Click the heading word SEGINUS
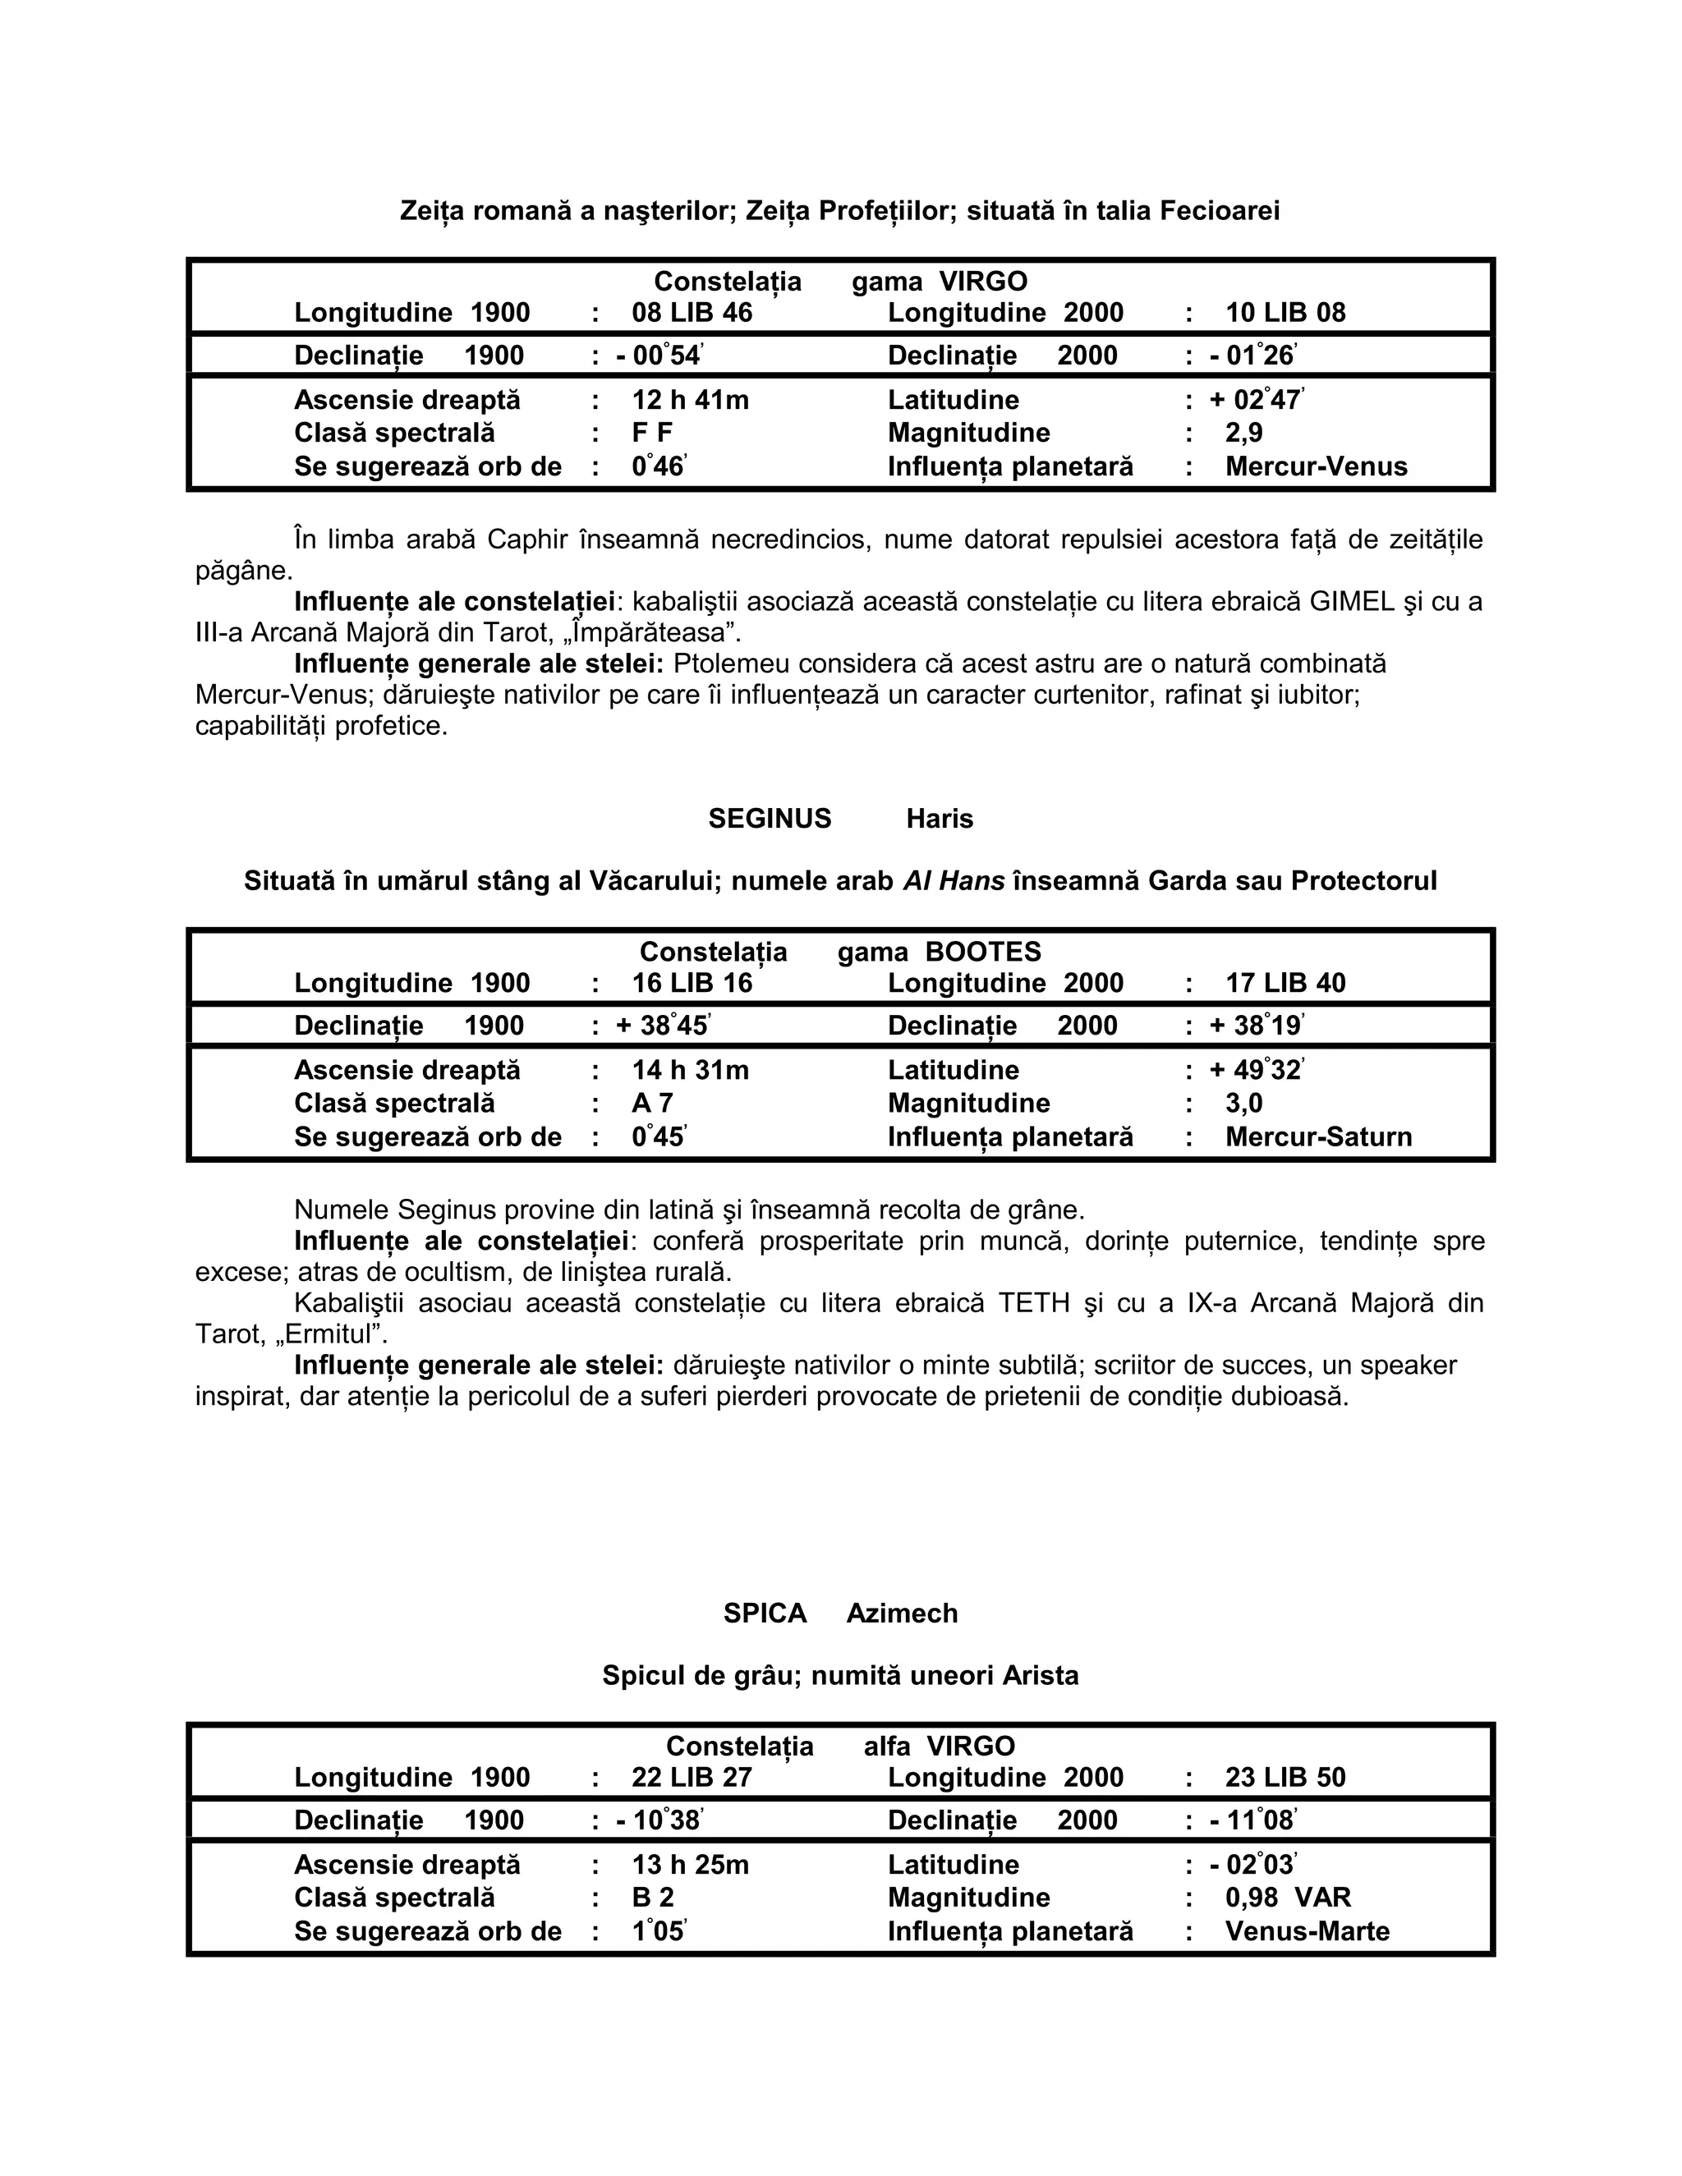pyautogui.click(x=770, y=819)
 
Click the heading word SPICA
pyautogui.click(x=765, y=1613)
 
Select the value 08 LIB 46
pyautogui.click(x=692, y=313)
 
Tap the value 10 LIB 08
pyautogui.click(x=1284, y=313)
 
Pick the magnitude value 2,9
pyautogui.click(x=1243, y=434)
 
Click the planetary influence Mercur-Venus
pyautogui.click(x=1316, y=467)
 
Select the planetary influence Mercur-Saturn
pyautogui.click(x=1317, y=1138)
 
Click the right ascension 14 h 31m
pyautogui.click(x=690, y=1071)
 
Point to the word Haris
pyautogui.click(x=939, y=819)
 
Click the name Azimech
pyautogui.click(x=901, y=1613)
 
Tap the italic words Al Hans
pyautogui.click(x=953, y=882)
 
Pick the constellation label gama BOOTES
pyautogui.click(x=939, y=953)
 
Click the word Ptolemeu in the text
pyautogui.click(x=725, y=663)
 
